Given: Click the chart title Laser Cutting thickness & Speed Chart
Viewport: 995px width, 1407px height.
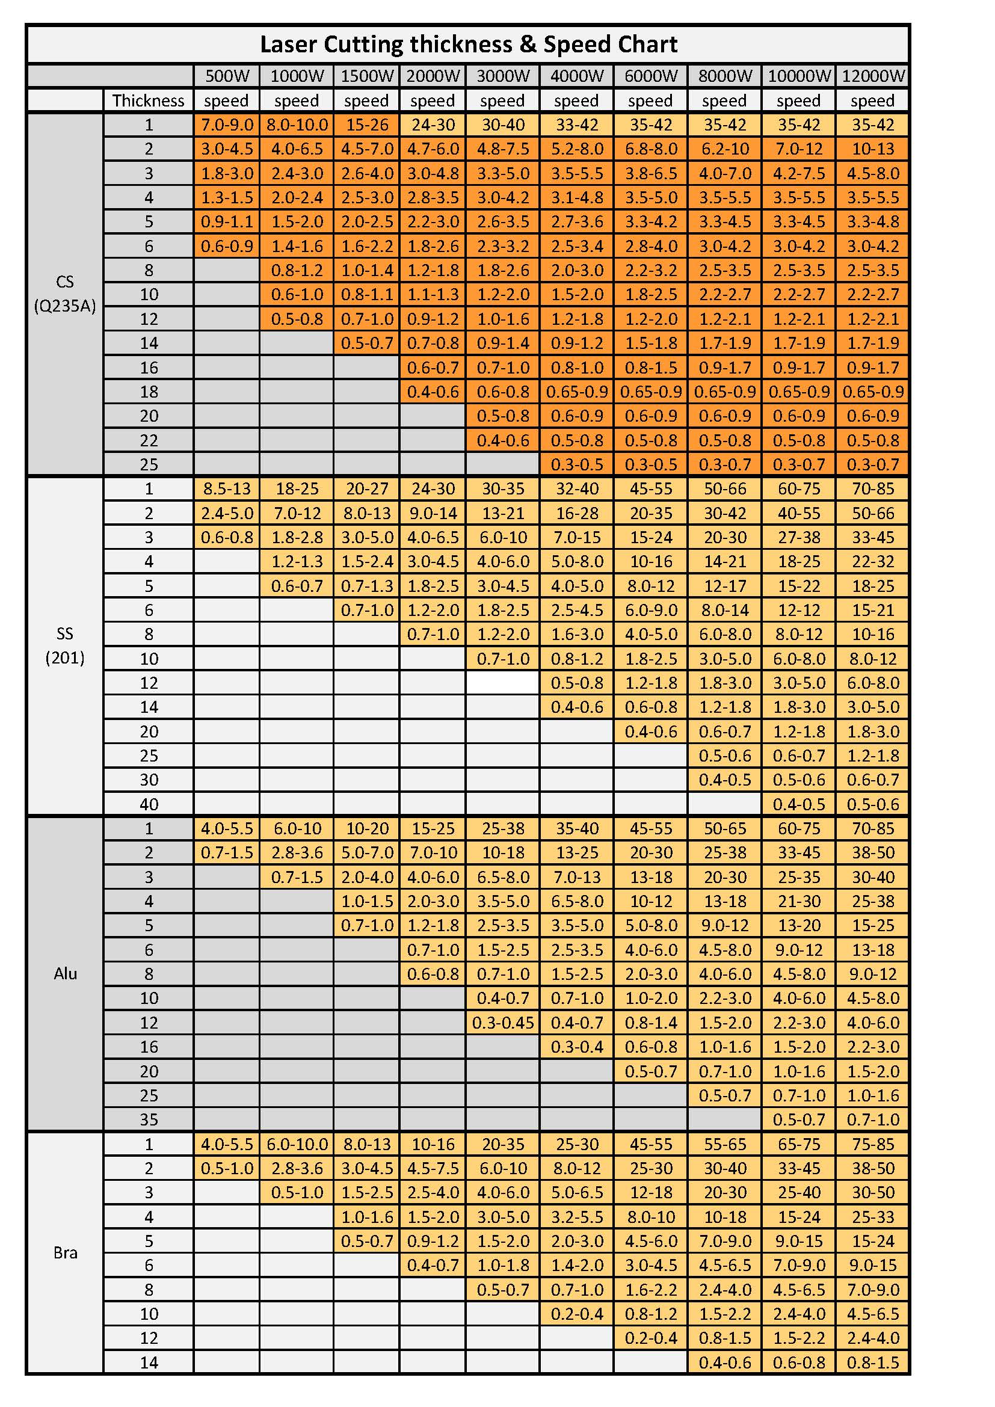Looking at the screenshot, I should pos(468,44).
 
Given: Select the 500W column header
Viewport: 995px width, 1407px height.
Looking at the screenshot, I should pos(227,76).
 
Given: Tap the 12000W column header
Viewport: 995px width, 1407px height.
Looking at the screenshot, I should pos(872,76).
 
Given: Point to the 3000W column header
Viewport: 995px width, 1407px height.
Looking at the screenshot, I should pos(502,76).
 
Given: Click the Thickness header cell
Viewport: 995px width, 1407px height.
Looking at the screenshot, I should pos(148,100).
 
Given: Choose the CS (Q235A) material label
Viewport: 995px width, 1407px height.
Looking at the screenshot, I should pos(65,294).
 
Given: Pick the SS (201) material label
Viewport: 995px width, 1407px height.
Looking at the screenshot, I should pos(65,646).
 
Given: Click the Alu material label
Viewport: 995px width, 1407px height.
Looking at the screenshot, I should pos(65,974).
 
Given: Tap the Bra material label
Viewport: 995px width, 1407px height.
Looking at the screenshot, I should pos(65,1252).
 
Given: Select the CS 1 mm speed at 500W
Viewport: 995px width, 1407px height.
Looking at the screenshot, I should pos(227,125).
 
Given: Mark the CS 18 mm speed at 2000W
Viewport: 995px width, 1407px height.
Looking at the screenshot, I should pos(433,392).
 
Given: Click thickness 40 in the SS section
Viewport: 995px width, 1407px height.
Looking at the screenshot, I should pos(149,804).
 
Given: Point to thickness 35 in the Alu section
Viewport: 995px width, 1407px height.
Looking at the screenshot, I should pos(149,1119).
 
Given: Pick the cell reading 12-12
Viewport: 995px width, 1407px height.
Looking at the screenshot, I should pos(798,610).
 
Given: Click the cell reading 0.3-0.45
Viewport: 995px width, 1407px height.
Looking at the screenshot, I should pos(502,1023).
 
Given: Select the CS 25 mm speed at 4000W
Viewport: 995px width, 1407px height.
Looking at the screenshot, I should pos(576,464).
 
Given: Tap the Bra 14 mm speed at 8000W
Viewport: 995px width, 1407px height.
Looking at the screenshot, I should pos(724,1362).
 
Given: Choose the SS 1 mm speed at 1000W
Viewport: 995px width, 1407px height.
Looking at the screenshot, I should pos(297,489).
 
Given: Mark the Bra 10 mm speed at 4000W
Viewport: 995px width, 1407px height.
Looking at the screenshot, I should pos(576,1314).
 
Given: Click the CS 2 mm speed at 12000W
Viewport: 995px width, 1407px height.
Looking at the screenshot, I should pos(872,149).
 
